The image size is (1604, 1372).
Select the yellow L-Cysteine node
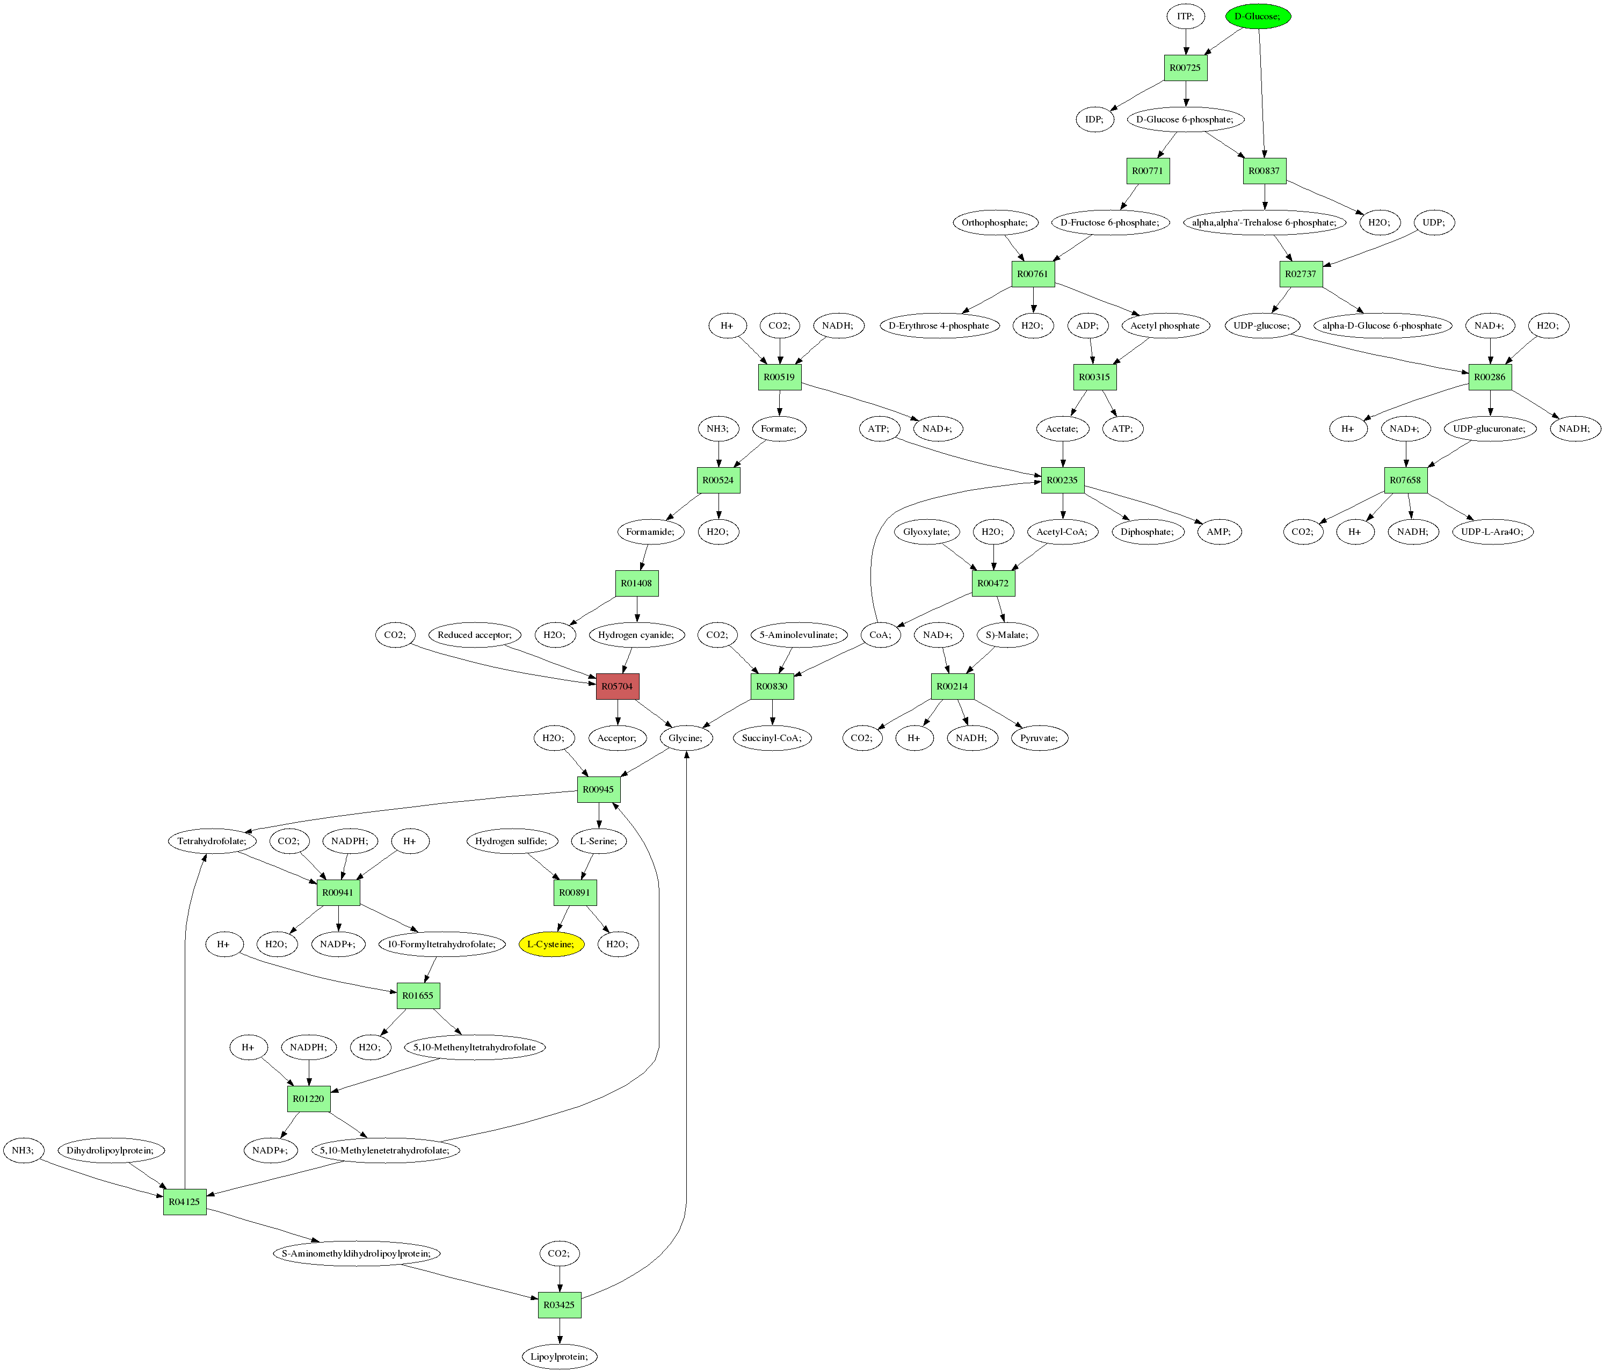point(551,944)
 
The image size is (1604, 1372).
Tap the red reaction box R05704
point(617,686)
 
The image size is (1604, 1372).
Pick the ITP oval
point(1185,16)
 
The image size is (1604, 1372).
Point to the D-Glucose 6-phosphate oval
point(1185,119)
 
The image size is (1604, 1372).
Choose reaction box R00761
point(1033,274)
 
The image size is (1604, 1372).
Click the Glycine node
point(686,738)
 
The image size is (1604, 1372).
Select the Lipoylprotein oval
point(559,1356)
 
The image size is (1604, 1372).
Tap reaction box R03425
point(559,1305)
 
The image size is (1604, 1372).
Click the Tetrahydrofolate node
point(212,841)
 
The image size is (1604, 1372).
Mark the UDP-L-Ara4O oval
point(1492,532)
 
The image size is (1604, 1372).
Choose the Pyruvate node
point(1039,738)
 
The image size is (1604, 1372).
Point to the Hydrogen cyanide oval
point(636,635)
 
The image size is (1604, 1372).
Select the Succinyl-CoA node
point(772,738)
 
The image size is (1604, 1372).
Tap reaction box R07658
point(1405,480)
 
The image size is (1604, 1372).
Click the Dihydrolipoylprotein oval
point(110,1151)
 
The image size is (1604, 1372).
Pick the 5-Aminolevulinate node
point(798,635)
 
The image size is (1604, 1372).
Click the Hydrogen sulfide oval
point(511,841)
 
